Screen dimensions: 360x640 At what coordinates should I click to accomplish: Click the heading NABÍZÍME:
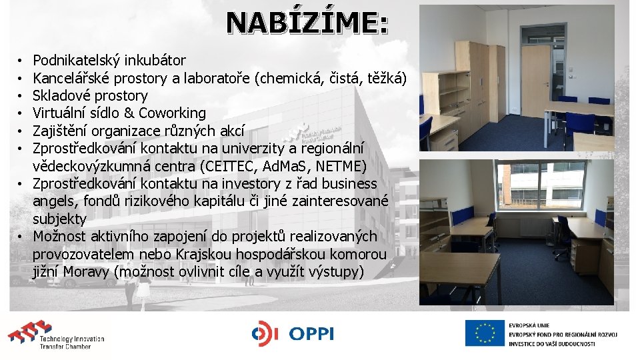[307, 23]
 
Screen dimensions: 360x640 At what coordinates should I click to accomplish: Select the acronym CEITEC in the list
[221, 165]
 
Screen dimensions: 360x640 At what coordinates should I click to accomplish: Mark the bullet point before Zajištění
[23, 131]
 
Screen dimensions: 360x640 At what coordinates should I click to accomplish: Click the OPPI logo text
[311, 334]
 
